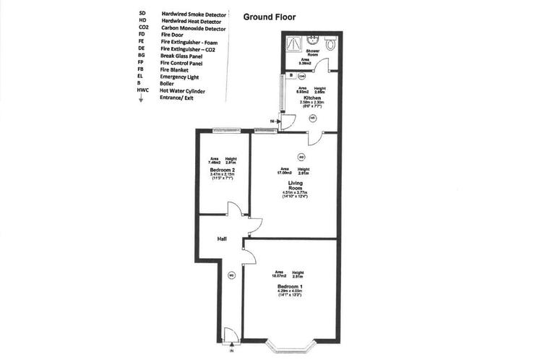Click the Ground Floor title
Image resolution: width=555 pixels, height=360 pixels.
269,16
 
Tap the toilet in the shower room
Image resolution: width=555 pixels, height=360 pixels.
330,44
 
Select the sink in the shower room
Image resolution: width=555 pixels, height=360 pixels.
311,40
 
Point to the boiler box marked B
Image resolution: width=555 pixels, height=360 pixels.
291,75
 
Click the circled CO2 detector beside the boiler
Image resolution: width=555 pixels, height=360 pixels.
301,75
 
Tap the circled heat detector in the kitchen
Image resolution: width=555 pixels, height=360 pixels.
312,117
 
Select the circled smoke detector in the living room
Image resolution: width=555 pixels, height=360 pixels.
301,157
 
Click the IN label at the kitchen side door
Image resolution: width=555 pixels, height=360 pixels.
272,121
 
